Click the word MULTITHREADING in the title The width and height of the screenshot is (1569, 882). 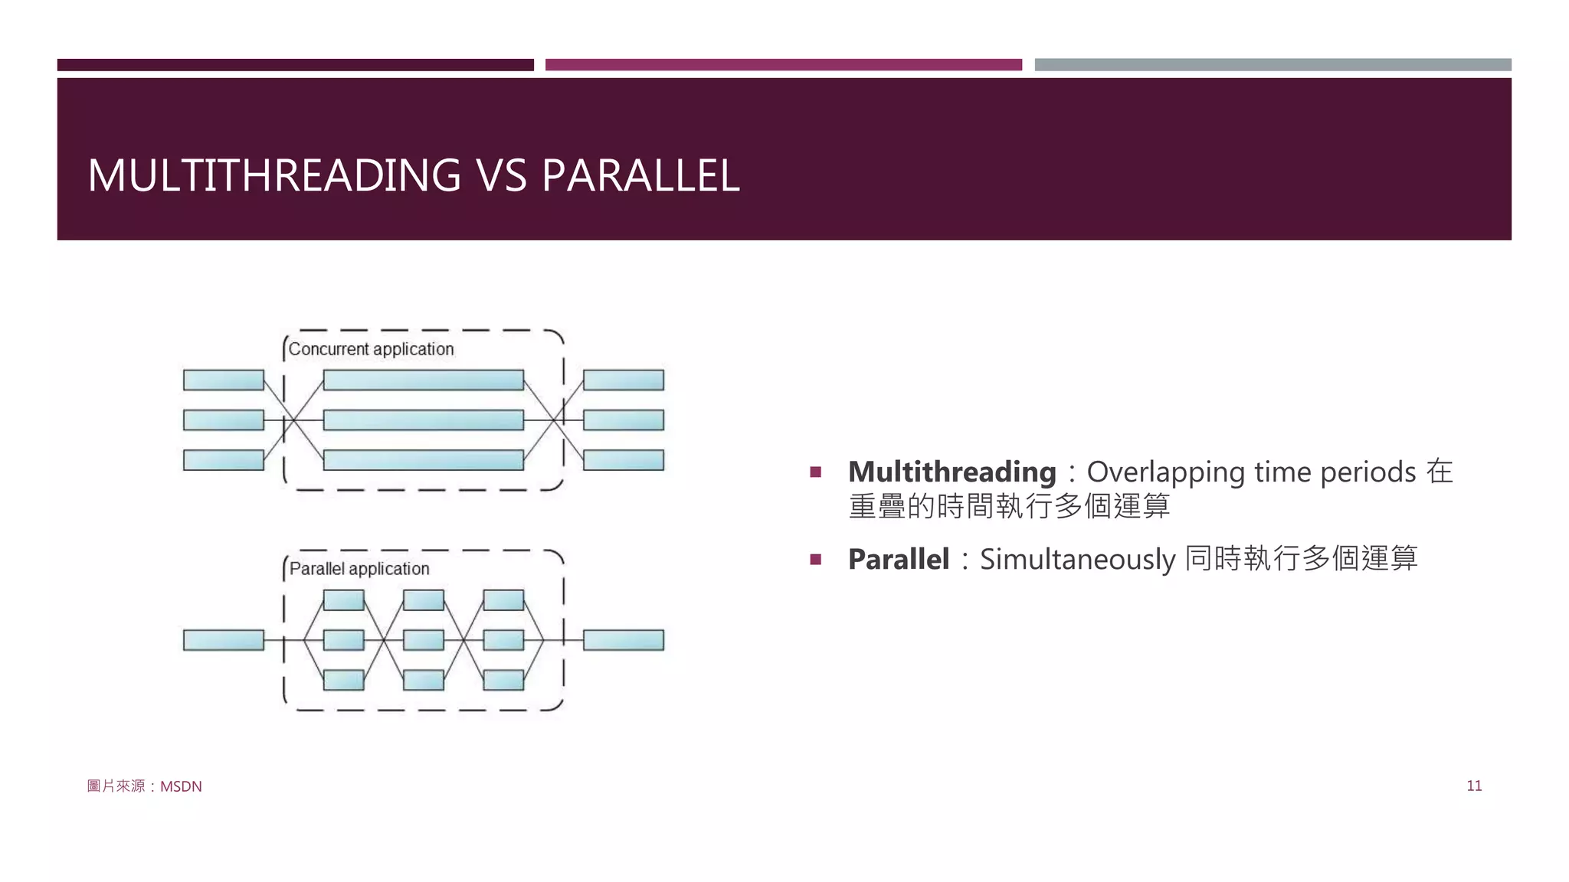(x=274, y=175)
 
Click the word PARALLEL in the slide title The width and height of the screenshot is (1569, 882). (x=640, y=175)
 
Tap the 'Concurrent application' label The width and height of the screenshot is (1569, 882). (x=371, y=349)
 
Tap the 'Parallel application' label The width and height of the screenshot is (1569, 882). (x=359, y=569)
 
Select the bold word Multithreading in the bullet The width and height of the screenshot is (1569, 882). (x=952, y=472)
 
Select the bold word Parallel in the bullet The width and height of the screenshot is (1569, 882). (x=898, y=559)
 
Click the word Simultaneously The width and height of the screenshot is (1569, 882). (x=1077, y=560)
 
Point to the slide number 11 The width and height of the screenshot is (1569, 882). (x=1473, y=786)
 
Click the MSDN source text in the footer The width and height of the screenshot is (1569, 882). (x=181, y=786)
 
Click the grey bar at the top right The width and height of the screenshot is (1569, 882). (x=1273, y=65)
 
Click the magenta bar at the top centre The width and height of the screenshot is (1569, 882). (x=783, y=65)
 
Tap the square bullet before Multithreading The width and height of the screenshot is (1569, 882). (x=815, y=472)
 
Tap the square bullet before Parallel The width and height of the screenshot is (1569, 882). (x=815, y=560)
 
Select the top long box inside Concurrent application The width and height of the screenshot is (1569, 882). (x=423, y=380)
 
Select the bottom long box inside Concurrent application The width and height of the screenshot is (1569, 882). (x=423, y=460)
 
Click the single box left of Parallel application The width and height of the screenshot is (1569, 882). (x=223, y=640)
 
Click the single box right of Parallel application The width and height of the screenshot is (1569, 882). (x=623, y=640)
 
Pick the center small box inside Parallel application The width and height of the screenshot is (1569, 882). (x=423, y=640)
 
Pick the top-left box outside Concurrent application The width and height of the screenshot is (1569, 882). (x=223, y=380)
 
